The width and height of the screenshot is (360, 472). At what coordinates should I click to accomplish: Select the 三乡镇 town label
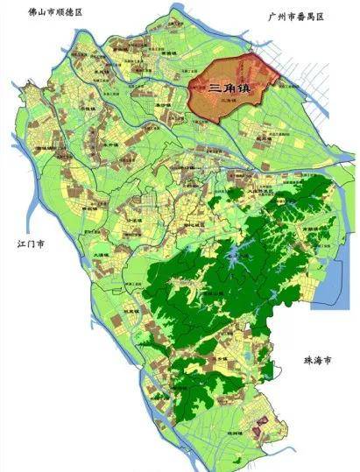[210, 359]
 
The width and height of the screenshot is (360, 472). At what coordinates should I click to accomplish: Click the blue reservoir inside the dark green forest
[235, 258]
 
